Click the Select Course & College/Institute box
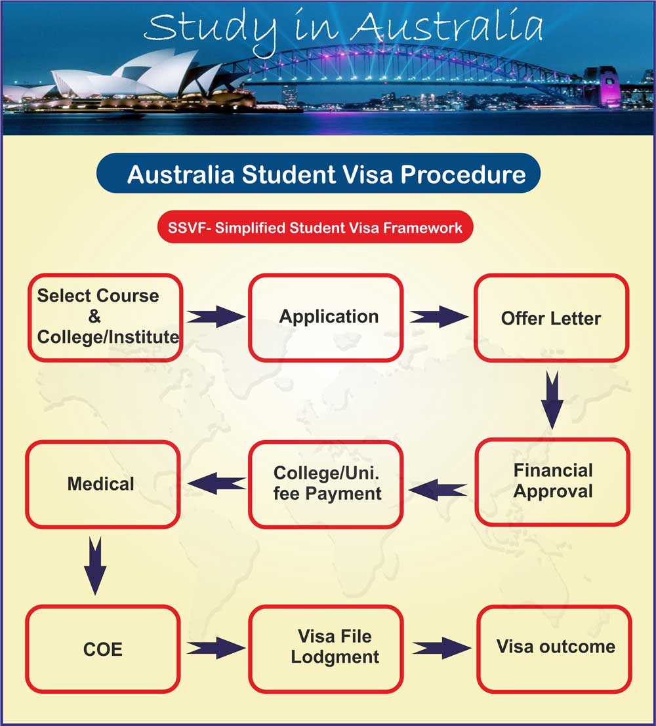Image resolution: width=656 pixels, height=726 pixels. tap(105, 317)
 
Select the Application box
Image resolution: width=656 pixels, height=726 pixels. tap(325, 317)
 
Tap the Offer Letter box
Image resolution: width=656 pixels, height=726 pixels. tap(551, 319)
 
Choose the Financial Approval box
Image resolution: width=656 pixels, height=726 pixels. tap(552, 481)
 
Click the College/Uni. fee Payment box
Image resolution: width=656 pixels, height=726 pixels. tap(325, 484)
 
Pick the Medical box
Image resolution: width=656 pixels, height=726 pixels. tap(102, 484)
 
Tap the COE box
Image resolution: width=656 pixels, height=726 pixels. tap(103, 649)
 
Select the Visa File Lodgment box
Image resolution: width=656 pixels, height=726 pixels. tap(326, 648)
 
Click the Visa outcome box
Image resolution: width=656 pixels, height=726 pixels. tap(554, 648)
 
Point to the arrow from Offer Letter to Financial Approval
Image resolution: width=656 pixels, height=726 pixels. tap(552, 399)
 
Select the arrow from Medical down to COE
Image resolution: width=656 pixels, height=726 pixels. tap(96, 565)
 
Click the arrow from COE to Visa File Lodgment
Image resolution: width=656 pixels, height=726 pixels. tap(215, 649)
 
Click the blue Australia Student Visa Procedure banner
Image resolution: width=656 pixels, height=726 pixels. tap(319, 175)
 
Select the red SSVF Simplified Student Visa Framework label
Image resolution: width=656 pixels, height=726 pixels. tap(315, 228)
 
